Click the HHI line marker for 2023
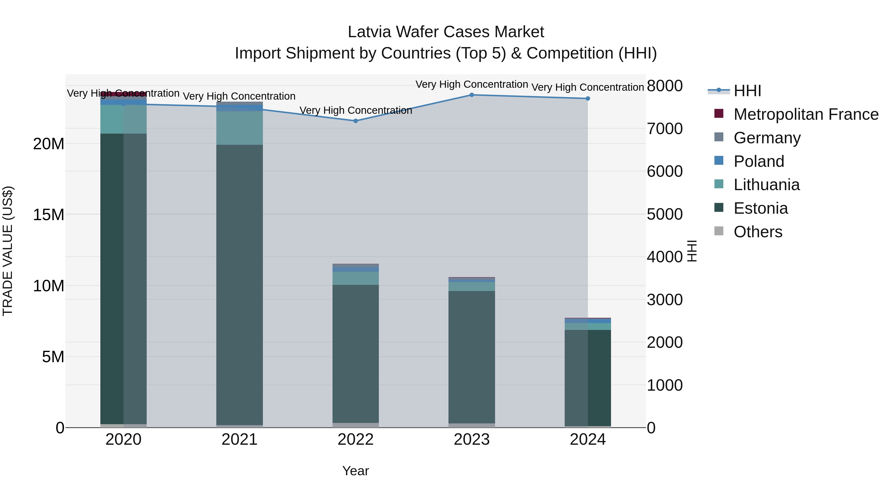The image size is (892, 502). (x=472, y=95)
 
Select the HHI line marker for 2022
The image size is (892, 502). (x=356, y=121)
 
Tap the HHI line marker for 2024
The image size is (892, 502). (x=588, y=99)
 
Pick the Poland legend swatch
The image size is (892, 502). (x=719, y=161)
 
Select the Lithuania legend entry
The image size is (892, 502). (x=767, y=185)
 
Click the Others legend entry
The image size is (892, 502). (x=758, y=232)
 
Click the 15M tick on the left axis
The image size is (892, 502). (x=49, y=215)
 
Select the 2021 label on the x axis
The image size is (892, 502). (x=239, y=440)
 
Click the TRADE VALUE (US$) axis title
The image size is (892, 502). (x=8, y=251)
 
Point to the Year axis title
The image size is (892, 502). (x=356, y=471)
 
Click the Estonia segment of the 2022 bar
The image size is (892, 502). (x=356, y=353)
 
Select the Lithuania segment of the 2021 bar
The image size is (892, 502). (x=239, y=128)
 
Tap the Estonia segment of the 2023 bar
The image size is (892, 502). (x=472, y=357)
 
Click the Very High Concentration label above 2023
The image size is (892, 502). (x=472, y=85)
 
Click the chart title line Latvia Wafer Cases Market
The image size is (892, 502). (x=446, y=32)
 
